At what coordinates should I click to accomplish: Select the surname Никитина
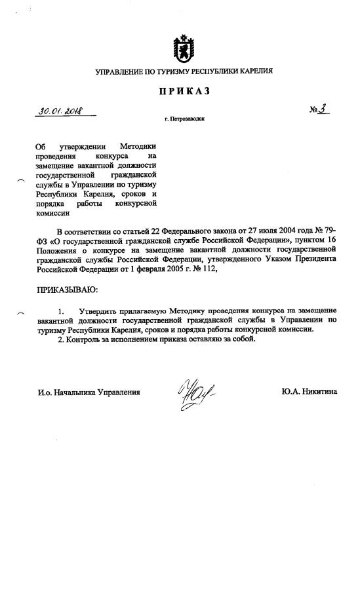coord(316,392)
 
